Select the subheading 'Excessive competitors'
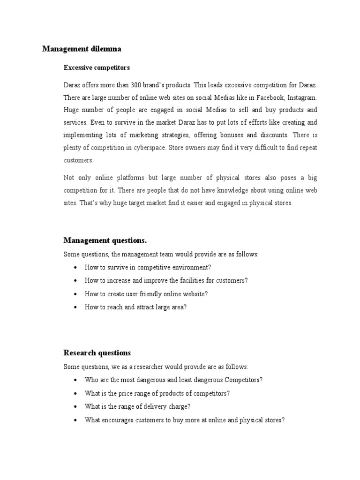[x=97, y=68]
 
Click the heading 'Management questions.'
[x=105, y=240]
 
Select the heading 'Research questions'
[x=97, y=353]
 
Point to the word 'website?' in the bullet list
[x=195, y=294]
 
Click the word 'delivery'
[x=146, y=406]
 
